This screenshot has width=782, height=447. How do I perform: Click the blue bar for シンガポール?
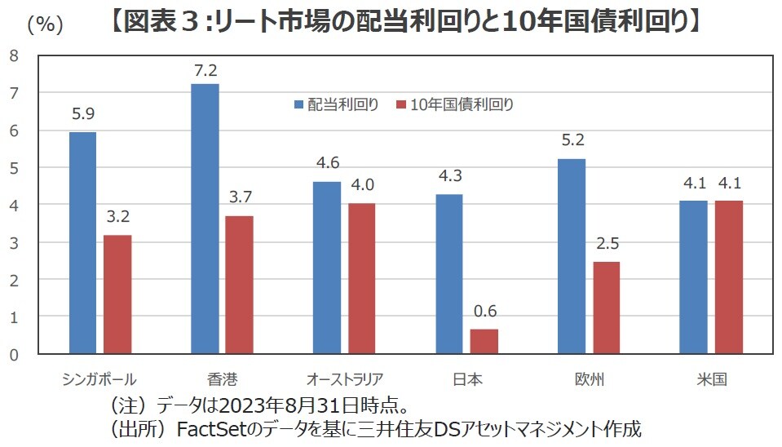[82, 242]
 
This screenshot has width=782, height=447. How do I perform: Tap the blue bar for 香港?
[204, 219]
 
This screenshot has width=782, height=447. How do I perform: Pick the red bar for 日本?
[484, 341]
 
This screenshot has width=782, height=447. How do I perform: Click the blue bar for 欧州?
[571, 256]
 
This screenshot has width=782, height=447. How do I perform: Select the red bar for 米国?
[728, 277]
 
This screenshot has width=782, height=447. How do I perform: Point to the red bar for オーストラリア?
[361, 278]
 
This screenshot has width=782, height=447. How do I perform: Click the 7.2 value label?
[205, 70]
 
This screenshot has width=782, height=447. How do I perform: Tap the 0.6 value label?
[484, 311]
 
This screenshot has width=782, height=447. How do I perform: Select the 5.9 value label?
[83, 115]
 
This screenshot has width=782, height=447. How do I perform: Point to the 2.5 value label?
[607, 243]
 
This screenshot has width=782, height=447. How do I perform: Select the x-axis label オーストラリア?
[344, 379]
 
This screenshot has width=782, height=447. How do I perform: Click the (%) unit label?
[45, 24]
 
